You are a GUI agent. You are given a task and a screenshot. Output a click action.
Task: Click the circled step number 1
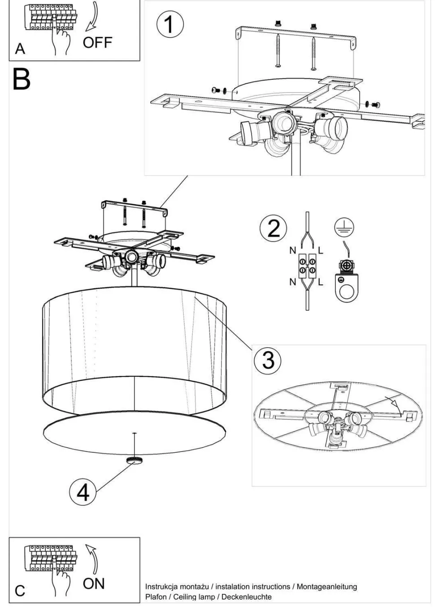click(170, 25)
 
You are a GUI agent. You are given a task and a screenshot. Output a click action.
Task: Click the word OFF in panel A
click(98, 43)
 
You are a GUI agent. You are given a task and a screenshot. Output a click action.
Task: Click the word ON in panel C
click(94, 584)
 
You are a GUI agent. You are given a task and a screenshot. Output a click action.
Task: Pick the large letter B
click(22, 79)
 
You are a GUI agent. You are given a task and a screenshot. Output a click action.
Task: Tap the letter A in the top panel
click(20, 49)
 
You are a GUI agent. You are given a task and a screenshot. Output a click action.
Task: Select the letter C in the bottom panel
click(20, 590)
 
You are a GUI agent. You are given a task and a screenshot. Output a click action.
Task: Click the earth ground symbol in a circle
click(344, 228)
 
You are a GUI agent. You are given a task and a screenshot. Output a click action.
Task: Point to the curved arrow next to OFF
click(92, 17)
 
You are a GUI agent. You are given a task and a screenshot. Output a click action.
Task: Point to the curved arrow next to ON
click(92, 559)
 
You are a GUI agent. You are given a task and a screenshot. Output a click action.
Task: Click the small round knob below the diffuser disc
click(135, 460)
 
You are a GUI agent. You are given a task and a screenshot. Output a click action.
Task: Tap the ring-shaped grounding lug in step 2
click(347, 288)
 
